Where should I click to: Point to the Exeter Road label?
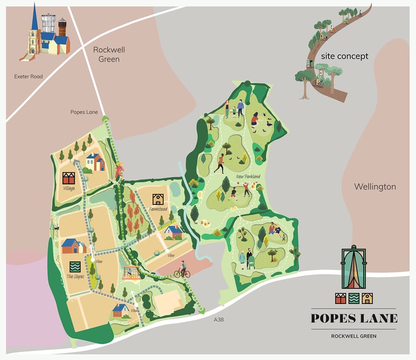29,76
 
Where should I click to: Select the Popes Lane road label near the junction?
84,112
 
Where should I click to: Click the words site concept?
345,56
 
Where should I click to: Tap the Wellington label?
375,187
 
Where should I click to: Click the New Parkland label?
248,177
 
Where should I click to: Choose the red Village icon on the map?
69,178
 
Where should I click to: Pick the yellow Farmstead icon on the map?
158,199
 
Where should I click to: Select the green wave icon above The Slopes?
75,265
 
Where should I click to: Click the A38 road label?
220,320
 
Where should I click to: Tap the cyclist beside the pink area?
181,271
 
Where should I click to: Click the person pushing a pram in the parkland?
251,259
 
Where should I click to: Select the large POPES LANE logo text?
354,318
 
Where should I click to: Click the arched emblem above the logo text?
353,269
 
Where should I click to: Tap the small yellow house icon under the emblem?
367,299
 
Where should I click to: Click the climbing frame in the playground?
131,272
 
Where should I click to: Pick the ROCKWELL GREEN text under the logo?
354,336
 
